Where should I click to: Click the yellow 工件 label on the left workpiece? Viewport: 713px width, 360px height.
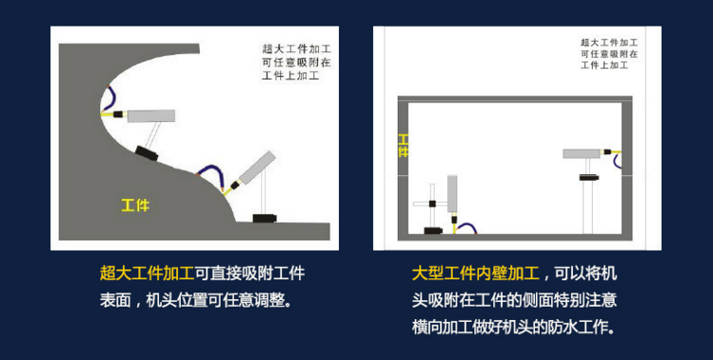coord(135,206)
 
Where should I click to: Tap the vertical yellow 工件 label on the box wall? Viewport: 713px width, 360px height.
coord(403,146)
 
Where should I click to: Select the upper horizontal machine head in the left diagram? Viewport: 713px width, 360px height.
coord(151,116)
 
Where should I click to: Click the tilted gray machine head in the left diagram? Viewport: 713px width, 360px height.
coord(257,168)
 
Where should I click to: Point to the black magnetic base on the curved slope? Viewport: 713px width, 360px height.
coord(147,153)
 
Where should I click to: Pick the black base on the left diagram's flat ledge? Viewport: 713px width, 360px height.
coord(265,218)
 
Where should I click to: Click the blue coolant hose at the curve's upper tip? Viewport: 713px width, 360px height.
coord(109,98)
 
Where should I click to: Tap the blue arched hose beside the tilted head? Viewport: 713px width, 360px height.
coord(211,176)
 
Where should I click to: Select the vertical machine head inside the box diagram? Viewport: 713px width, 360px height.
coord(452,193)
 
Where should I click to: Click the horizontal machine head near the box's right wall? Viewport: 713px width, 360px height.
coord(581,154)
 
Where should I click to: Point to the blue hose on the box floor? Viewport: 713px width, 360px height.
coord(466,228)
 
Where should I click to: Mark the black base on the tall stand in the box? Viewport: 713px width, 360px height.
coord(589,177)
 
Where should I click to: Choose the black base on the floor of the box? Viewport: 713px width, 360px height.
coord(433,230)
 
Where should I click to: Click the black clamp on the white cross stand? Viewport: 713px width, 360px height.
coord(432,204)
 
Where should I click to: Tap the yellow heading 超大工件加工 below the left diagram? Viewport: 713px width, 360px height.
coord(147,273)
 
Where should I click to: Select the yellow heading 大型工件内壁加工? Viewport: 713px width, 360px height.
coord(476,273)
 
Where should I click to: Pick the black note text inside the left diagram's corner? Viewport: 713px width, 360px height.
coord(296,62)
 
